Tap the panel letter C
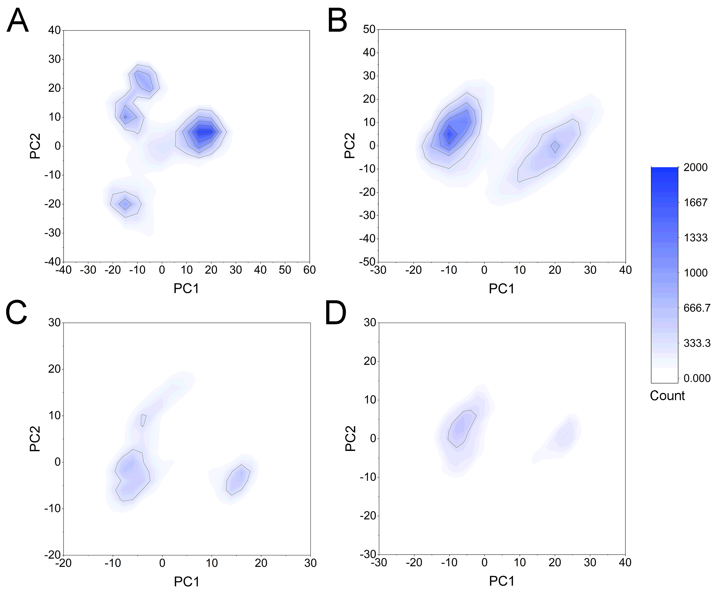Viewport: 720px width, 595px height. [16, 312]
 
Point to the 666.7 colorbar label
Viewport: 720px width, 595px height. [697, 308]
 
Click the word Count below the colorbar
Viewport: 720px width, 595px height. [667, 396]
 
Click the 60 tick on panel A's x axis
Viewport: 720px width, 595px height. [309, 270]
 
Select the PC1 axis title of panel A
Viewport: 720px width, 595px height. [186, 288]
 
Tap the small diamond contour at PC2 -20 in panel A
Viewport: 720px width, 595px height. [125, 204]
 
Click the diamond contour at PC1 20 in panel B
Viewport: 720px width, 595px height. [555, 147]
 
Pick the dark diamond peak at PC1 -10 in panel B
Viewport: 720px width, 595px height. [449, 134]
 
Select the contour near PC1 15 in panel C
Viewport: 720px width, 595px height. [238, 480]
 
